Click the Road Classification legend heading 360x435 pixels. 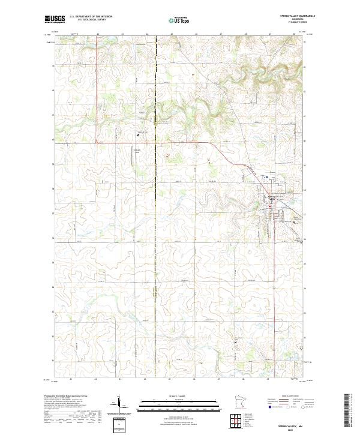pos(287,397)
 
